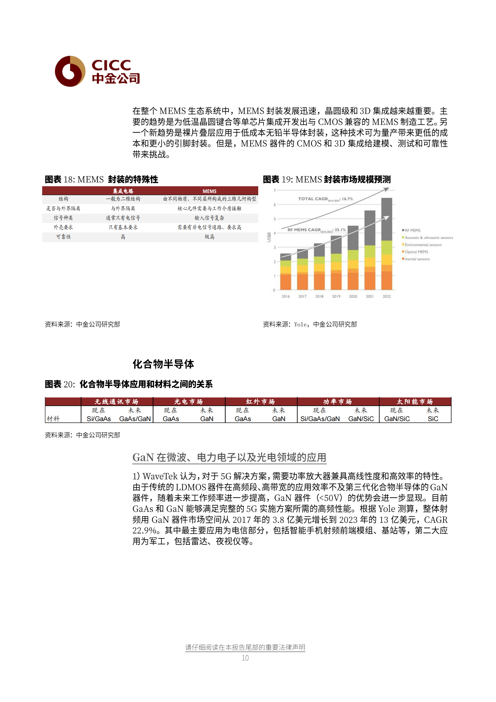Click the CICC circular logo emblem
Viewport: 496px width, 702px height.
pyautogui.click(x=70, y=71)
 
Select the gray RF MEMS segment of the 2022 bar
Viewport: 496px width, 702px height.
pyautogui.click(x=386, y=219)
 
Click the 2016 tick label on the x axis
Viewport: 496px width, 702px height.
pyautogui.click(x=285, y=296)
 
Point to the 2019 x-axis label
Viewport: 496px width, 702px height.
pyautogui.click(x=336, y=296)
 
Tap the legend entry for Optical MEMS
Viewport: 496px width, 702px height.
pyautogui.click(x=416, y=252)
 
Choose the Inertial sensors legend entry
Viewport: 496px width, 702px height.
pyautogui.click(x=417, y=259)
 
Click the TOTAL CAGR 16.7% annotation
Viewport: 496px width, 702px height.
pyautogui.click(x=325, y=199)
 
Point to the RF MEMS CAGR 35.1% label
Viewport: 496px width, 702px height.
pyautogui.click(x=316, y=230)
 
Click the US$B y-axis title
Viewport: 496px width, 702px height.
pyautogui.click(x=269, y=237)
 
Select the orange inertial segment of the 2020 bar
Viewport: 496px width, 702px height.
pyautogui.click(x=353, y=281)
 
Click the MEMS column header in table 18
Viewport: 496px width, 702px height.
pyautogui.click(x=209, y=191)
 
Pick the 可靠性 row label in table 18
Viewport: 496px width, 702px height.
pyautogui.click(x=63, y=237)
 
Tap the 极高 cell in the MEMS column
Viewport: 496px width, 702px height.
pyautogui.click(x=209, y=237)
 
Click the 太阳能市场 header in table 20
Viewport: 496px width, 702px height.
pyautogui.click(x=415, y=402)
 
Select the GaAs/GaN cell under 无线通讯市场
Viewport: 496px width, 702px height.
pyautogui.click(x=135, y=419)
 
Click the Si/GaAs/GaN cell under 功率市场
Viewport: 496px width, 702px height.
pyautogui.click(x=320, y=419)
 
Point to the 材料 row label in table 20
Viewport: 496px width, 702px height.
pyautogui.click(x=53, y=419)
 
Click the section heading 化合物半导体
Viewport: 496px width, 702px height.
pyautogui.click(x=163, y=364)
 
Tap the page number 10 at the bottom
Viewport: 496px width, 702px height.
pyautogui.click(x=245, y=658)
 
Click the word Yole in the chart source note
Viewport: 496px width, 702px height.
pyautogui.click(x=300, y=325)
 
